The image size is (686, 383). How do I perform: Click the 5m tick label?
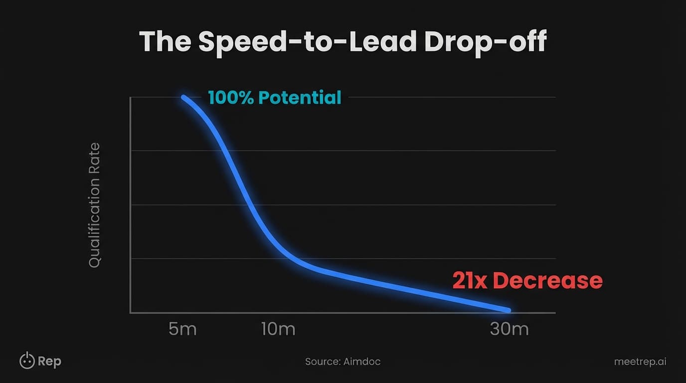182,330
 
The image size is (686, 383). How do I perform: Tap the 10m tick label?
278,330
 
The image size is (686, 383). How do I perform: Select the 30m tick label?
509,330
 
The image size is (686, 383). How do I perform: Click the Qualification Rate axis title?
95,205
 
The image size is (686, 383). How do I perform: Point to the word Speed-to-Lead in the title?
307,41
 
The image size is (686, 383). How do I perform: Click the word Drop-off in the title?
485,41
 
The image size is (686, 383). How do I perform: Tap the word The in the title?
165,41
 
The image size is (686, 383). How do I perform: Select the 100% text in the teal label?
231,98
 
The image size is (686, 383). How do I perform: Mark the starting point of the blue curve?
183,98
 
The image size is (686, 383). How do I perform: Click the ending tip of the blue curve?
508,310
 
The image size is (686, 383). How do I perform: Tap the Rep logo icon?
27,361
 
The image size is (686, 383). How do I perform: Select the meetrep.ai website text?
640,362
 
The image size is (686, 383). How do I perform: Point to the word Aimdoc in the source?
361,362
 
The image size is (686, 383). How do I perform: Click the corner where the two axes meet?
131,313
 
